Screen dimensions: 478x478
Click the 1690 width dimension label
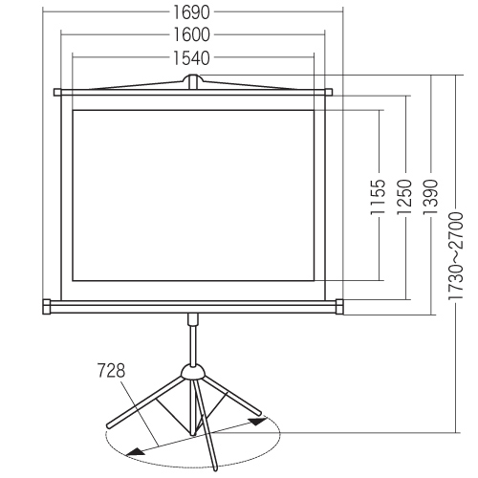pyautogui.click(x=191, y=12)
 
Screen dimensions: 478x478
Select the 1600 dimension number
pyautogui.click(x=191, y=34)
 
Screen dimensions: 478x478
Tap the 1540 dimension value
pyautogui.click(x=191, y=58)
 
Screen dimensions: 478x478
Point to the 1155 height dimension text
pyautogui.click(x=379, y=197)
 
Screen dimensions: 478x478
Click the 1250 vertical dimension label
pyautogui.click(x=404, y=197)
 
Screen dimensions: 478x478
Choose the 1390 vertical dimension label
pyautogui.click(x=431, y=197)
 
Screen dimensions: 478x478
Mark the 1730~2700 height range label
pyautogui.click(x=455, y=256)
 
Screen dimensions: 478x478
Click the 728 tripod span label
pyautogui.click(x=111, y=370)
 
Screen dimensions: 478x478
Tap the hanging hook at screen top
pyautogui.click(x=192, y=81)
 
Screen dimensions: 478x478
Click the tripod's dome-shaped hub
pyautogui.click(x=192, y=372)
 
